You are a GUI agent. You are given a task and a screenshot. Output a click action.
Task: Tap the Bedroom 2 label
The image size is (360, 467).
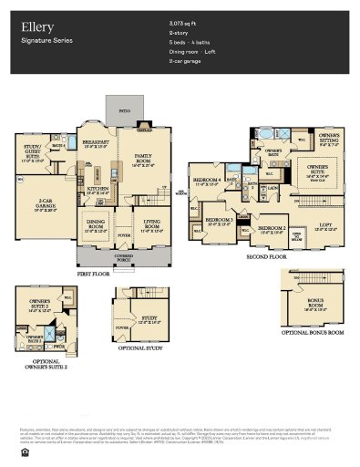[271, 229]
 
